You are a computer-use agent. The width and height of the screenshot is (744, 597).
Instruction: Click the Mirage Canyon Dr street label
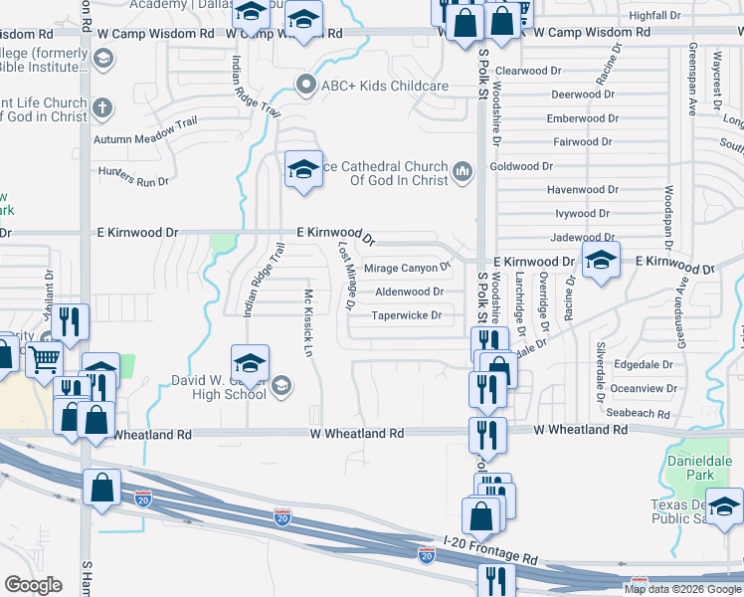coord(407,268)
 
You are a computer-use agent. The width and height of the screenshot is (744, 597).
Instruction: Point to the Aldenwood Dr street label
coord(409,292)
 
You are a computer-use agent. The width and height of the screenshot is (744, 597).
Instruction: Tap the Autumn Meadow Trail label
coord(140,139)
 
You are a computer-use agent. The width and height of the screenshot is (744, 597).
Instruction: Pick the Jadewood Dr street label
coord(583,238)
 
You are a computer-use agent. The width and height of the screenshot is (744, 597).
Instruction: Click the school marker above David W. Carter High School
coord(250,362)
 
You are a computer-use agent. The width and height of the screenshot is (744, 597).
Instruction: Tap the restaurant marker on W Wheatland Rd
coord(487,434)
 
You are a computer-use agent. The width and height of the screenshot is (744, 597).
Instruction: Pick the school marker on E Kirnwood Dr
coord(601,261)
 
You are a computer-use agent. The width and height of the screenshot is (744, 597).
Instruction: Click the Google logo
coord(34,585)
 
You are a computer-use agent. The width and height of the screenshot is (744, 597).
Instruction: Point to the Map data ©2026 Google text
coord(682,589)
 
